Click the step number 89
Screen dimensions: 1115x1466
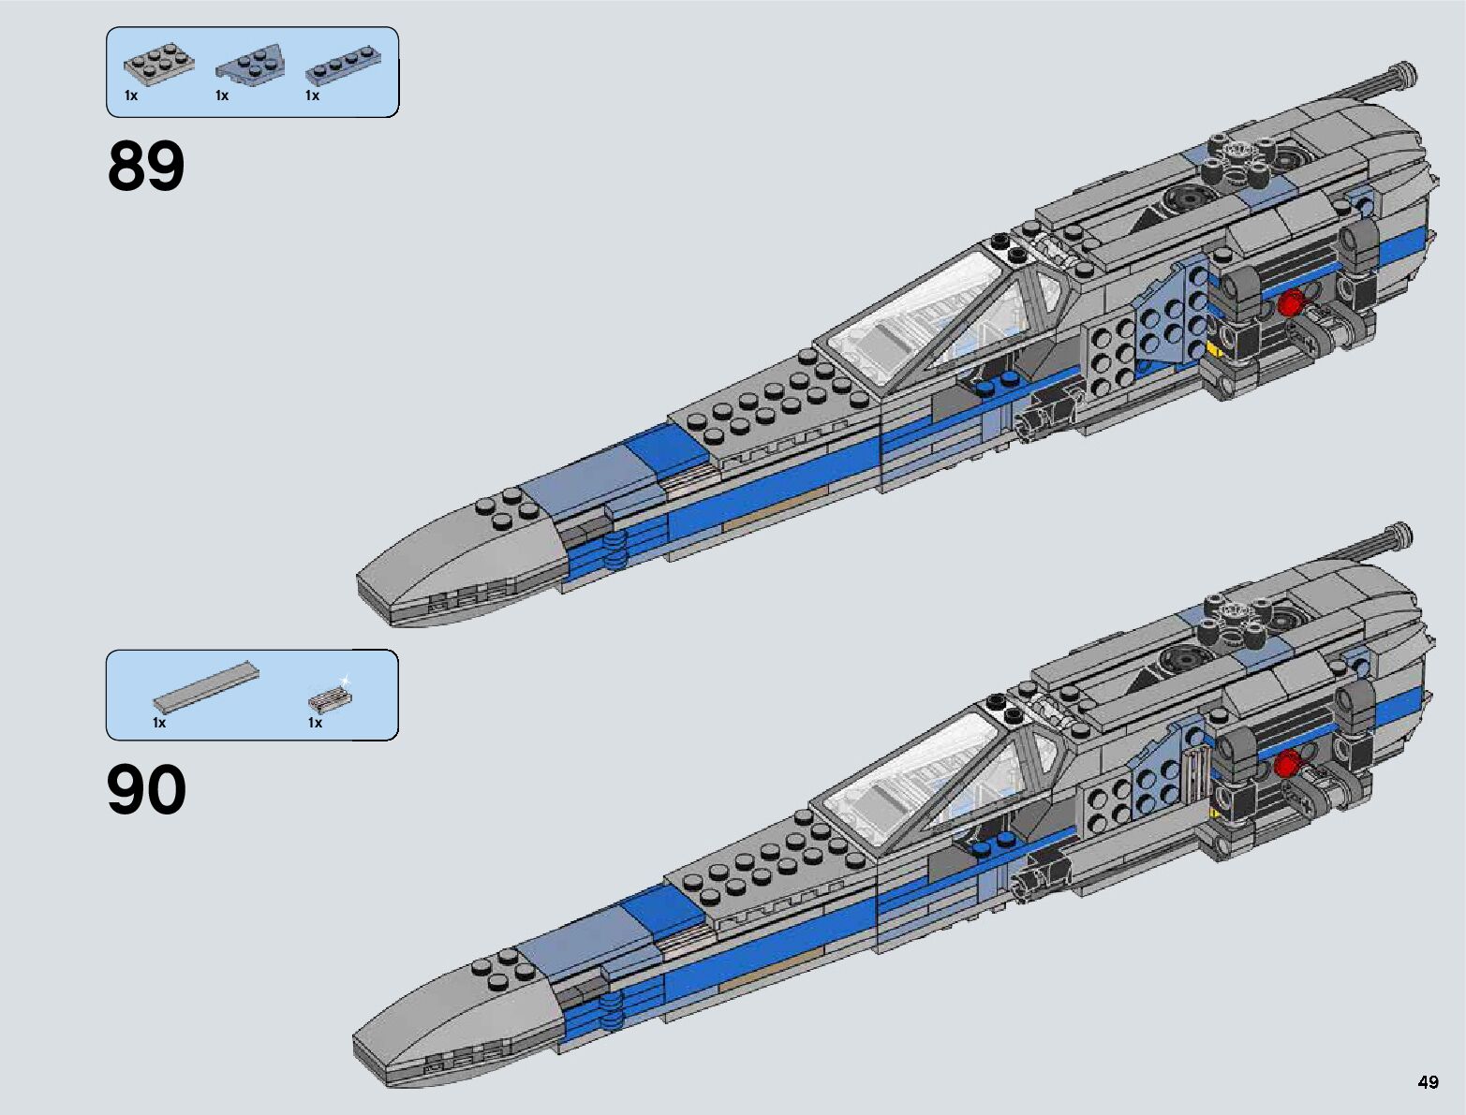pyautogui.click(x=146, y=167)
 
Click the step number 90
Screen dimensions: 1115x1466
pyautogui.click(x=146, y=790)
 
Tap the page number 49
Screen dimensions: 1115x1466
pyautogui.click(x=1428, y=1082)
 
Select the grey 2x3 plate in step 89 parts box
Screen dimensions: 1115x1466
pyautogui.click(x=159, y=65)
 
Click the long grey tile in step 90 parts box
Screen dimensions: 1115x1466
pyautogui.click(x=206, y=685)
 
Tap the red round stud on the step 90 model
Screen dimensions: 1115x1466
pyautogui.click(x=1287, y=764)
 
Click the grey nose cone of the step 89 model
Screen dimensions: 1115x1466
pyautogui.click(x=459, y=562)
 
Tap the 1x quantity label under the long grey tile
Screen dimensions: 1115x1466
pyautogui.click(x=159, y=723)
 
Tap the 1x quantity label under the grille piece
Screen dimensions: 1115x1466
pyautogui.click(x=315, y=723)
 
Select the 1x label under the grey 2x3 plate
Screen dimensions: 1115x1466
pyautogui.click(x=131, y=95)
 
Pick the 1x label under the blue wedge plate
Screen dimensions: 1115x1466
pyautogui.click(x=222, y=95)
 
